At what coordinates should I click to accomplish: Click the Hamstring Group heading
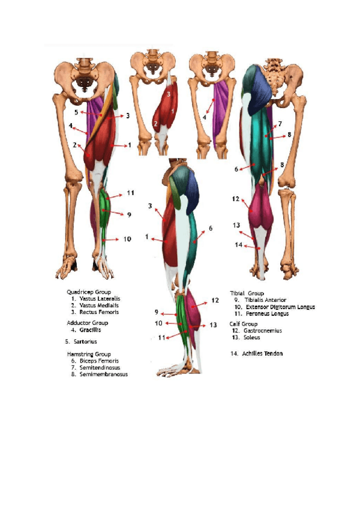(x=88, y=354)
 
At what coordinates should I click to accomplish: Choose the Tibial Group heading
(x=247, y=294)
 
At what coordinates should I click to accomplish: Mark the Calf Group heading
(x=244, y=324)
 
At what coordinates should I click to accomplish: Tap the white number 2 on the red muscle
(x=156, y=124)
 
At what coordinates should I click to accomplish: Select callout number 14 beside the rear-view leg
(x=238, y=245)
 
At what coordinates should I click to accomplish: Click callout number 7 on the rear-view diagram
(x=280, y=124)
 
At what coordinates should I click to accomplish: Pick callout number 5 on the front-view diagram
(x=76, y=112)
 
